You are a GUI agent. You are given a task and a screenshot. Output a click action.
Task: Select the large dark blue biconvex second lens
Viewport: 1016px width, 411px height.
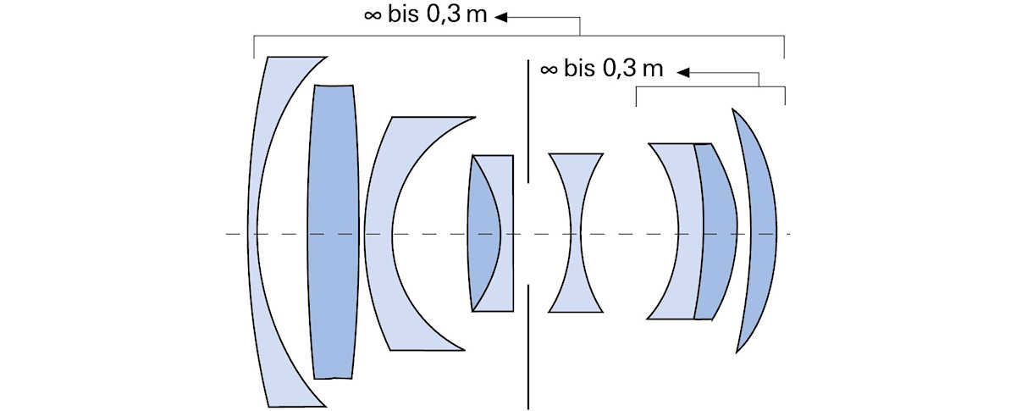334,231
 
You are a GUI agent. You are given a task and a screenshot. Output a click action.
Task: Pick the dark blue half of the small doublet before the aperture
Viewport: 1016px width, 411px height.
482,233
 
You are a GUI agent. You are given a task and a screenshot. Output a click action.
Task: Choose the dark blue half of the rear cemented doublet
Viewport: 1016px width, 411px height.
719,231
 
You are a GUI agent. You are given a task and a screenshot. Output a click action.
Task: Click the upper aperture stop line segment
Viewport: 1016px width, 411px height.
528,121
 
